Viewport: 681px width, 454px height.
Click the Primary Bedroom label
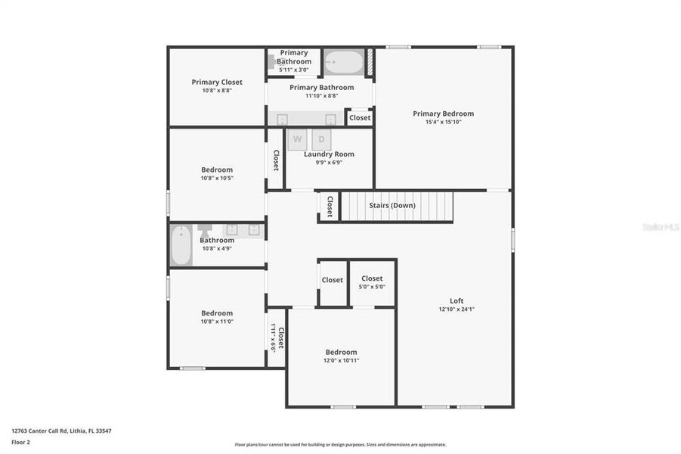[443, 113]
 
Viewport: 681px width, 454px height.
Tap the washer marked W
[297, 139]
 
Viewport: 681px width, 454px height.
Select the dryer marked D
[321, 139]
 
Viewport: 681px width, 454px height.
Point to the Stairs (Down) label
[392, 205]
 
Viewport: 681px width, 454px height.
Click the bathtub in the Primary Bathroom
[343, 62]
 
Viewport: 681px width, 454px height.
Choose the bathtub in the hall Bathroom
[181, 245]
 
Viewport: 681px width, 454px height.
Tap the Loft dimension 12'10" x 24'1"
[457, 309]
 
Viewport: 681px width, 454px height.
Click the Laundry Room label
[329, 154]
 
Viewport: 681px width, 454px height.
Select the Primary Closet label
[216, 82]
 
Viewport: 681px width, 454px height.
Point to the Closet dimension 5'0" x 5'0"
[372, 287]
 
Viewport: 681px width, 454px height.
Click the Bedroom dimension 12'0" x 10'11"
[341, 361]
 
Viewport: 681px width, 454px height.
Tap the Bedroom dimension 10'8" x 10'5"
[217, 179]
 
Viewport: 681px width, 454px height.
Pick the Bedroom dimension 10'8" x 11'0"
[217, 322]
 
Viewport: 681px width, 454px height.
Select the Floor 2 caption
[20, 441]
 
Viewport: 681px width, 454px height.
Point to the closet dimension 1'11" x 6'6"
[274, 338]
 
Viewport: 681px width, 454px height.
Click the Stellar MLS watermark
[660, 226]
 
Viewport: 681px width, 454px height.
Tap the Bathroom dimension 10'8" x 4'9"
[217, 248]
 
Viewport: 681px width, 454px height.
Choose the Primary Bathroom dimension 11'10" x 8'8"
[321, 96]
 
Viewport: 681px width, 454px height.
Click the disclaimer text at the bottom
[340, 445]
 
